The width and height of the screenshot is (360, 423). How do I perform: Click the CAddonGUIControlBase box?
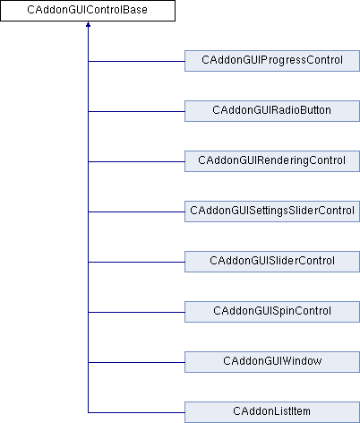[88, 11]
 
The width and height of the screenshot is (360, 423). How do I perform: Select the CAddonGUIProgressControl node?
[272, 61]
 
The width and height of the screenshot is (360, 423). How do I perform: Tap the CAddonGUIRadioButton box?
[272, 111]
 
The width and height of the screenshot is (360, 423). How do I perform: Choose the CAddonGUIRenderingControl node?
[272, 161]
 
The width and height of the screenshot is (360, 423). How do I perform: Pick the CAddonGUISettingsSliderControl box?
[272, 211]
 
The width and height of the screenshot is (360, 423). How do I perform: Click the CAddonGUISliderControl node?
[272, 262]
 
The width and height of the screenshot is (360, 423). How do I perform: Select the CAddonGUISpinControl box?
[272, 312]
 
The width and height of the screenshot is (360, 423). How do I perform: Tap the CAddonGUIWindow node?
[272, 362]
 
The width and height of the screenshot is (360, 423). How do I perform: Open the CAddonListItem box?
[272, 412]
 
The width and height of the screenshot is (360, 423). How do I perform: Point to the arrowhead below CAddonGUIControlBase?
[88, 24]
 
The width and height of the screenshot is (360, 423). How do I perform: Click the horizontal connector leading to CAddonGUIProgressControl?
[136, 61]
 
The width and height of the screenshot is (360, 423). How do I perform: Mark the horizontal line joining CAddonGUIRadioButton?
[136, 111]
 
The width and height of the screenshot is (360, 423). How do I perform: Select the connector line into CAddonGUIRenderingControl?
[136, 161]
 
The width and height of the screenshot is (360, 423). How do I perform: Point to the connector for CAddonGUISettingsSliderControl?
[136, 211]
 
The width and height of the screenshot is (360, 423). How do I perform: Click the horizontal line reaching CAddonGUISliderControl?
[136, 262]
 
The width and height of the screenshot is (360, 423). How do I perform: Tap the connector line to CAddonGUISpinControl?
[136, 312]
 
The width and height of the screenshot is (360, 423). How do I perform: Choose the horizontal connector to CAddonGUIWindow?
[136, 362]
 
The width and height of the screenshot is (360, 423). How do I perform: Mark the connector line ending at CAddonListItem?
[136, 412]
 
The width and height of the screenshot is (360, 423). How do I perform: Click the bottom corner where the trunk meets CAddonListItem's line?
[88, 412]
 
